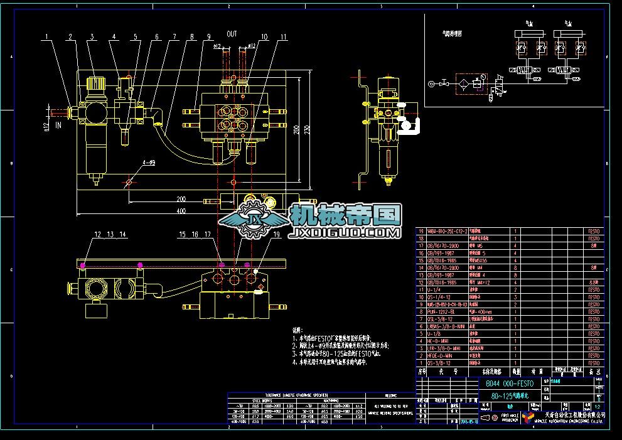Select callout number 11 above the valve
283,37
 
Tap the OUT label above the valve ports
232,33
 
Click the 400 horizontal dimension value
181,212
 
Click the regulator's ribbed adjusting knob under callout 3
95,82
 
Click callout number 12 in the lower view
97,234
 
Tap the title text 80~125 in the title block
506,396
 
